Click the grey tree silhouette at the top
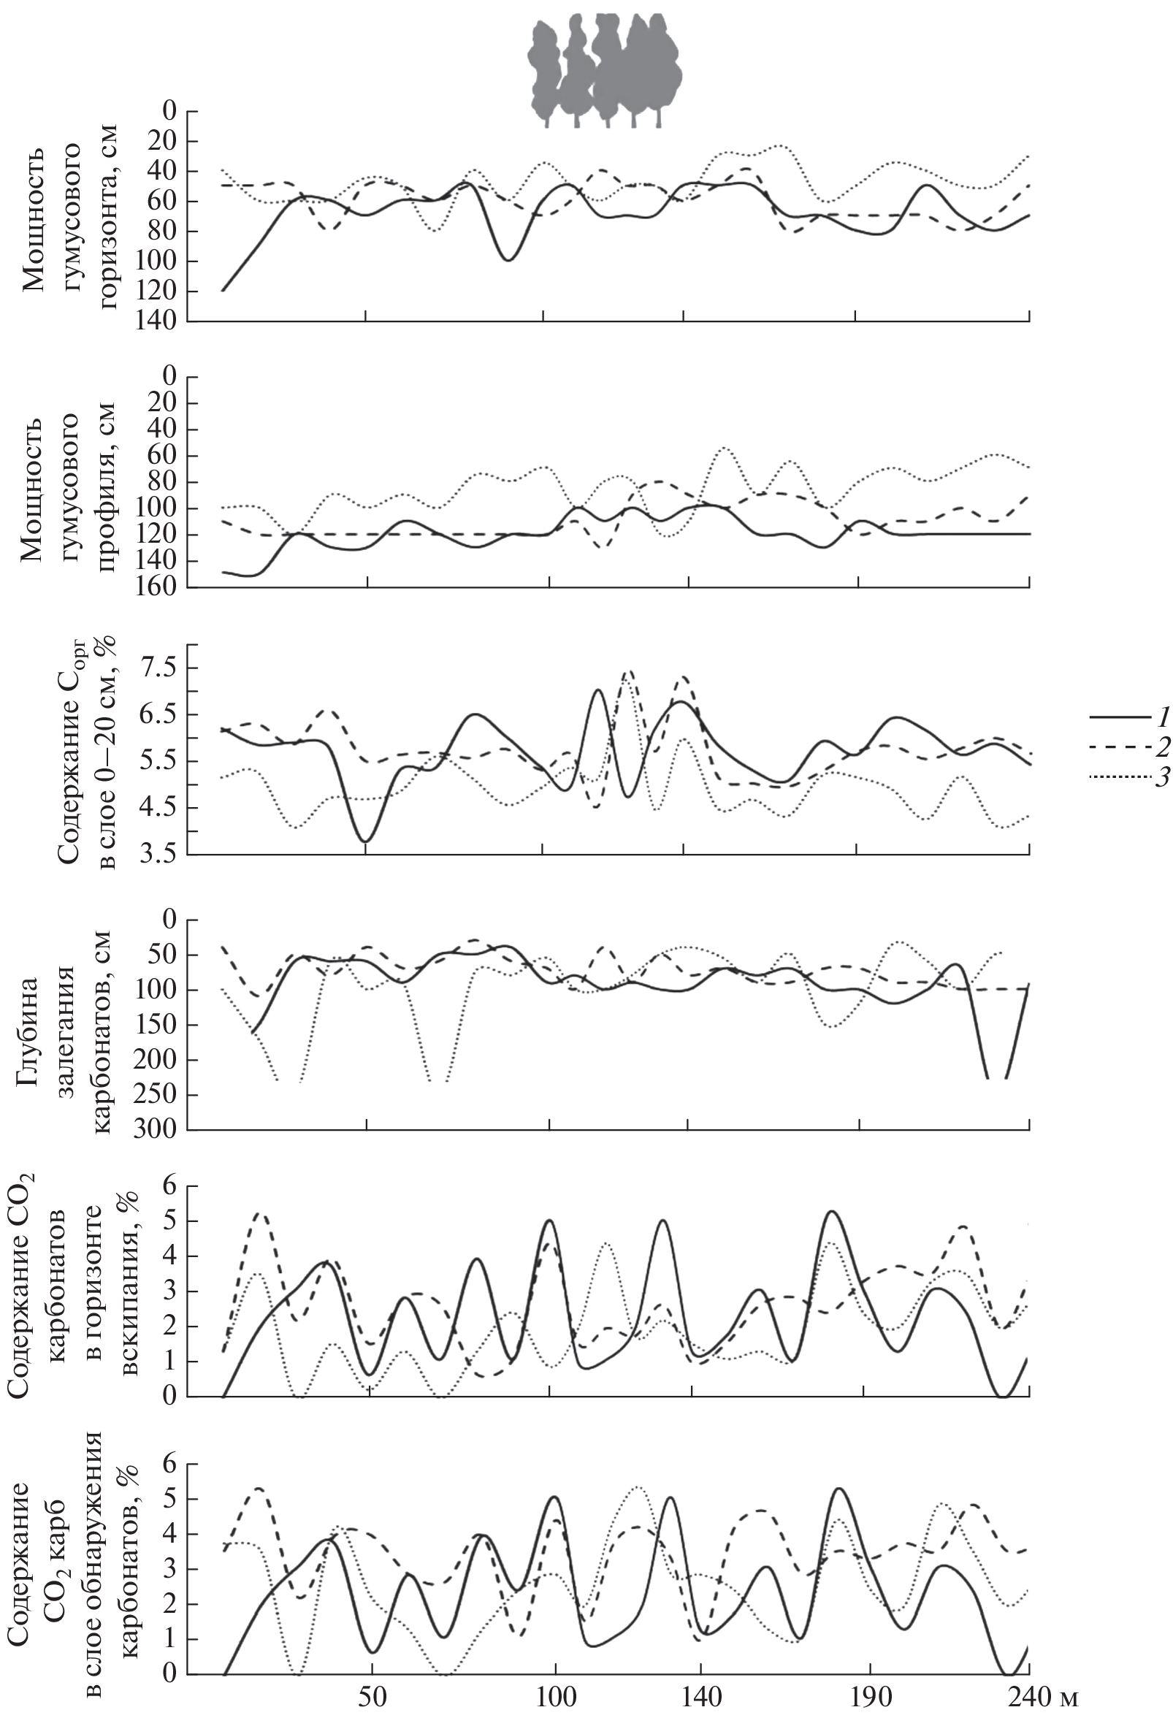pyautogui.click(x=604, y=72)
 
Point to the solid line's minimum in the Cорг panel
pyautogui.click(x=366, y=841)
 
